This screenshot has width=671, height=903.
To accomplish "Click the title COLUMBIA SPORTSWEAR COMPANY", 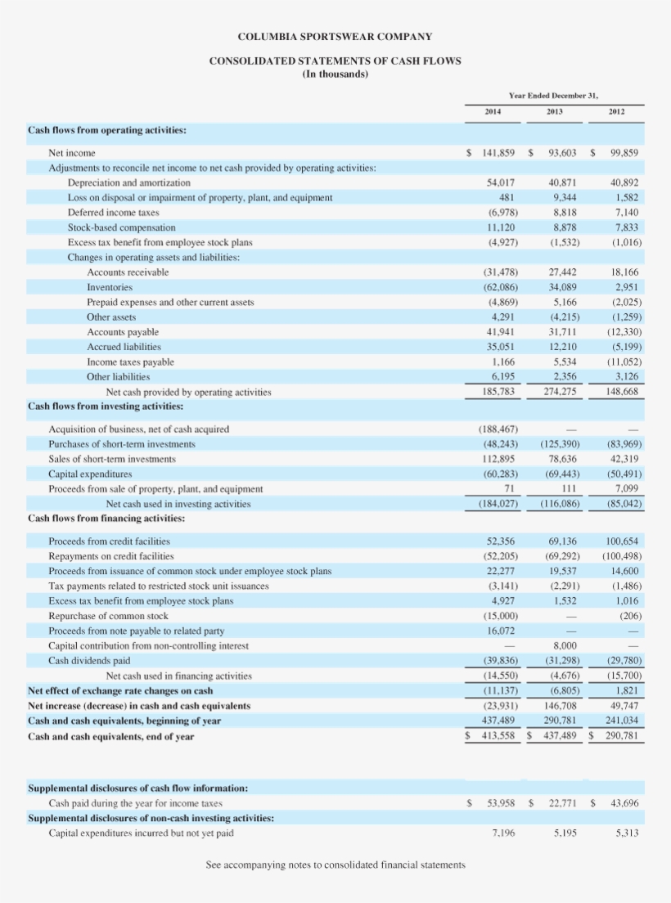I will coord(335,37).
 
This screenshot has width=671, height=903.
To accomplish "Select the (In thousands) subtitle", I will coord(335,74).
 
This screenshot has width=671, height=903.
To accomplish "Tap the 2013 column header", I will coord(556,110).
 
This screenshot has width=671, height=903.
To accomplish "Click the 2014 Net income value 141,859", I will coord(498,153).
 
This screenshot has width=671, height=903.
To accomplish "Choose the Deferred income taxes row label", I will coord(113,213).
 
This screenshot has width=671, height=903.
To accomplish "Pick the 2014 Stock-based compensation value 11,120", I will coord(500,227).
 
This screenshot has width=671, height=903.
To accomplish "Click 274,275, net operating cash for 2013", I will coord(560,392).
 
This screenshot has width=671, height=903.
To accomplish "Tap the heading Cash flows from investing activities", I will coord(106,407).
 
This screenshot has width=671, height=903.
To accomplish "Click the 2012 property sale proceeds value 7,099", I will coord(626,489).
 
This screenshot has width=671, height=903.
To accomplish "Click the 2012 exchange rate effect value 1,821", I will coord(626,691).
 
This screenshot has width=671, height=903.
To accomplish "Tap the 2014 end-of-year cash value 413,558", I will coord(497,736).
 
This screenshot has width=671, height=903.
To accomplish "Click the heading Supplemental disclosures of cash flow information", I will coord(138,788).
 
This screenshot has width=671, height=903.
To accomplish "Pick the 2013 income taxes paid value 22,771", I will coord(562,803).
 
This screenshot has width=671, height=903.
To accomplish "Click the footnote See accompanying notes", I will coord(335,865).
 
